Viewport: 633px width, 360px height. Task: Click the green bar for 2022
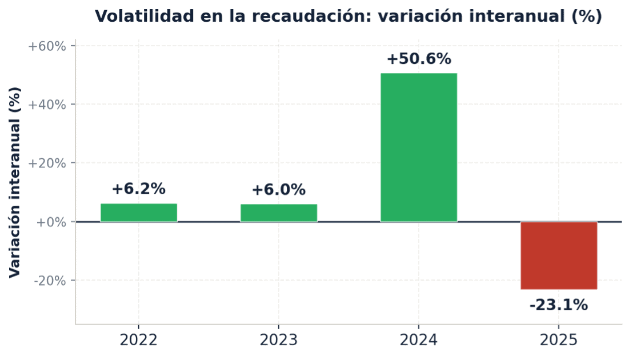click(x=139, y=213)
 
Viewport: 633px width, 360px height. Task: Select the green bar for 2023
click(x=279, y=213)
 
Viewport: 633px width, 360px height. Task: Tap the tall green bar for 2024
click(x=419, y=147)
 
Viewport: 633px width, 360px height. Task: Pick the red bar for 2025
click(x=559, y=255)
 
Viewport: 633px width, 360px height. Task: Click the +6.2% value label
click(x=138, y=189)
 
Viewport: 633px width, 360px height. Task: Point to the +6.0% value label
click(x=279, y=190)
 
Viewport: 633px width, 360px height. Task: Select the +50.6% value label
click(x=419, y=59)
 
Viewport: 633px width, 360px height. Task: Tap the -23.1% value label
click(x=559, y=305)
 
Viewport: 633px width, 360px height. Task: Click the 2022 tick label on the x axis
click(x=138, y=341)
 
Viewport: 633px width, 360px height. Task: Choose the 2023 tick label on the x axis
click(x=279, y=341)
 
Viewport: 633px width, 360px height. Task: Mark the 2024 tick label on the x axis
click(x=419, y=341)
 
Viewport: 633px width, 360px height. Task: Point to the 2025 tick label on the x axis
click(x=559, y=341)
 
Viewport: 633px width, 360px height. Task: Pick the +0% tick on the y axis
click(x=51, y=222)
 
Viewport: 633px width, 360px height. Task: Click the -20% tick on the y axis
click(x=50, y=281)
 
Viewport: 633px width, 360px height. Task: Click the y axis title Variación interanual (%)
click(x=15, y=182)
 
